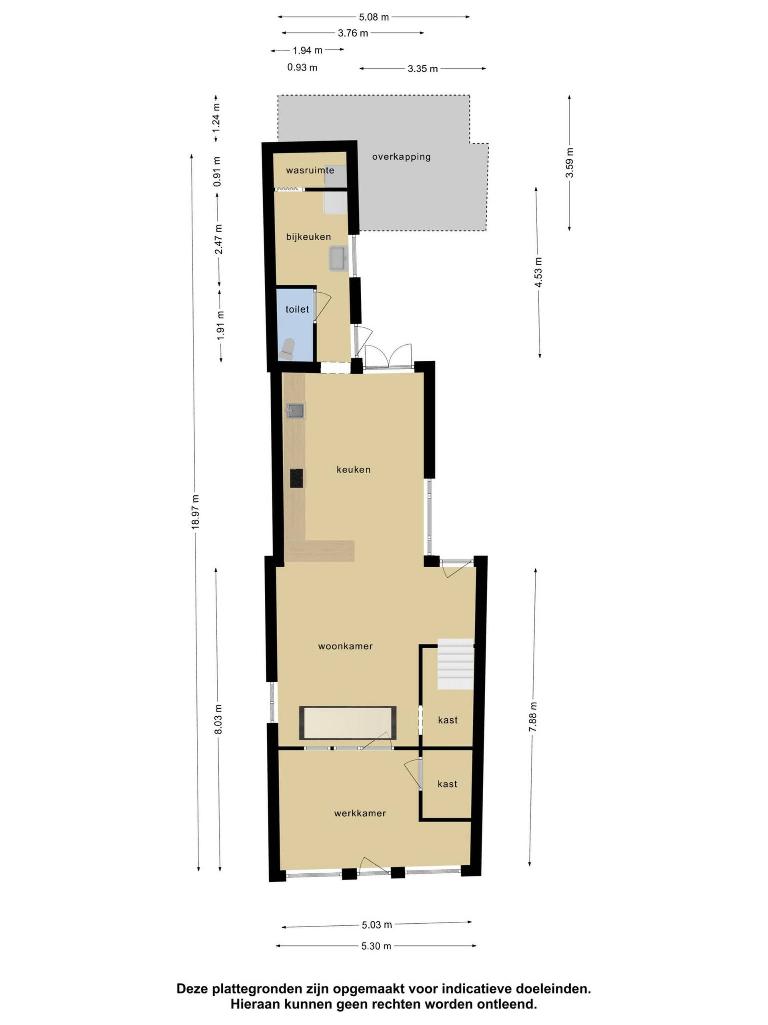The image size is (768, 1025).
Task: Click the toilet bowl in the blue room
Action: point(288,349)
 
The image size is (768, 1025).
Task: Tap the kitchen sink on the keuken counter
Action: point(295,410)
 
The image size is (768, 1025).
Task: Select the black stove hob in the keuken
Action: point(297,478)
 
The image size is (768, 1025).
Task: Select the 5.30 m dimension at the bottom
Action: point(376,946)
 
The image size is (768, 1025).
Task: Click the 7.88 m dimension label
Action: point(533,717)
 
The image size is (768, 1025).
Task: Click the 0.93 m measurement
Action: point(302,68)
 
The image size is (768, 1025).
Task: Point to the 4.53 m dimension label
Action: point(538,273)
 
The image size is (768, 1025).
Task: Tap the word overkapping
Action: point(401,157)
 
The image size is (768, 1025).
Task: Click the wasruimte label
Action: point(310,171)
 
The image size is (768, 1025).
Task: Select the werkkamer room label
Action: point(360,813)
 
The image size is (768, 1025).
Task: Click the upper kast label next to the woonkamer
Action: point(448,720)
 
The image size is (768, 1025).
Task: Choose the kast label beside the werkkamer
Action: point(447,784)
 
